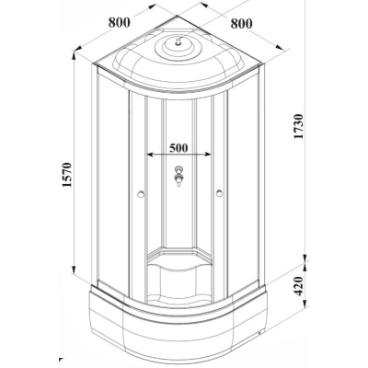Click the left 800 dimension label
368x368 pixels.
(x=120, y=22)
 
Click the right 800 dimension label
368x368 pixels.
(x=241, y=23)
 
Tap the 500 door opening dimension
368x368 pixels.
(x=178, y=148)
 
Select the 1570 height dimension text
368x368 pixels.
(x=66, y=175)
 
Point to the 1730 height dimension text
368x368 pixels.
(x=298, y=126)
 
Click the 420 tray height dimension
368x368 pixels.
(x=298, y=286)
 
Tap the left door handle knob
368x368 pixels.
(x=141, y=194)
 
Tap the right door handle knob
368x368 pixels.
(x=219, y=193)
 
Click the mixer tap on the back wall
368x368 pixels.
(x=178, y=176)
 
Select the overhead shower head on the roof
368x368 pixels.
(x=178, y=41)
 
